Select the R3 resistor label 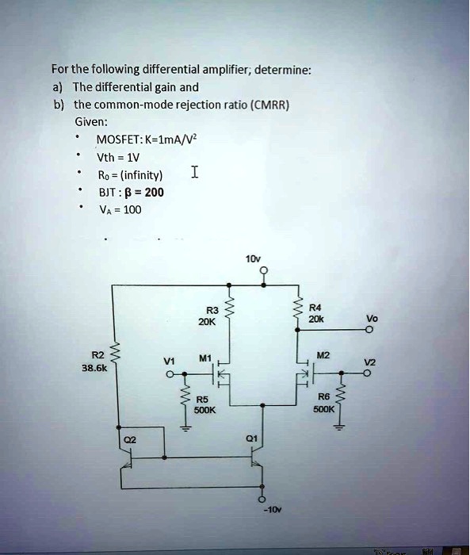click(x=210, y=310)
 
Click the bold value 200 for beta click(x=155, y=192)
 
